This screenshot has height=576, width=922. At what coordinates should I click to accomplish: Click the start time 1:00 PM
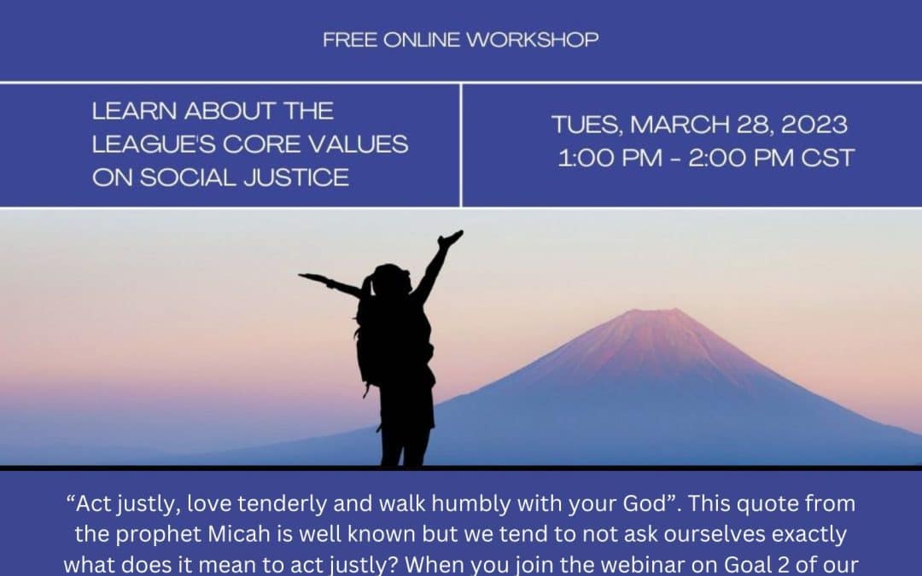(x=604, y=158)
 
